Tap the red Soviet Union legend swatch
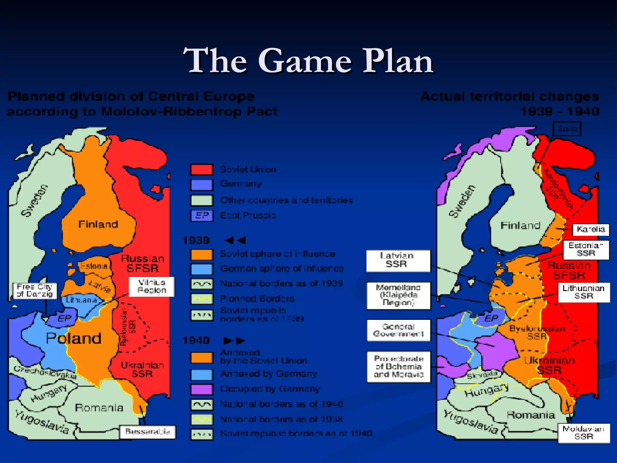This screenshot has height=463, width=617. tap(202, 169)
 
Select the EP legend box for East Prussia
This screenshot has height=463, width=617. tap(202, 216)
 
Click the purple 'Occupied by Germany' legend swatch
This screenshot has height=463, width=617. tap(202, 389)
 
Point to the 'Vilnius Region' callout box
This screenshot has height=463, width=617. tap(152, 286)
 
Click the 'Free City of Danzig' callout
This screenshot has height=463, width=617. tap(35, 291)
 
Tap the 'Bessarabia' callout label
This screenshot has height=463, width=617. tap(148, 432)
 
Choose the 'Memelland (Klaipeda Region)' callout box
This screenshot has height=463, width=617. tap(398, 295)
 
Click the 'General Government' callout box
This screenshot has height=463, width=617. tap(398, 330)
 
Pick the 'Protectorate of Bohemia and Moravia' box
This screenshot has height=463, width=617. tap(398, 367)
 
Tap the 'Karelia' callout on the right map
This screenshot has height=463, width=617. tap(590, 229)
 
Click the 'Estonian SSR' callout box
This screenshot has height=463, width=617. tap(586, 250)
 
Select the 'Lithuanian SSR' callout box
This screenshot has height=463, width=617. tap(584, 292)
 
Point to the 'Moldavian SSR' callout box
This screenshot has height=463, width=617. tap(584, 433)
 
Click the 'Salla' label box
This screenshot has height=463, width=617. tap(567, 129)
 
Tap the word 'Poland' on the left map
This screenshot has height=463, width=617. tap(74, 338)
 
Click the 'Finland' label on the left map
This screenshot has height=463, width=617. tap(98, 224)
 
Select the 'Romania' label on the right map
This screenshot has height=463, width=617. tap(531, 415)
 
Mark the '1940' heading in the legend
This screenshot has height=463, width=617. tap(196, 340)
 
